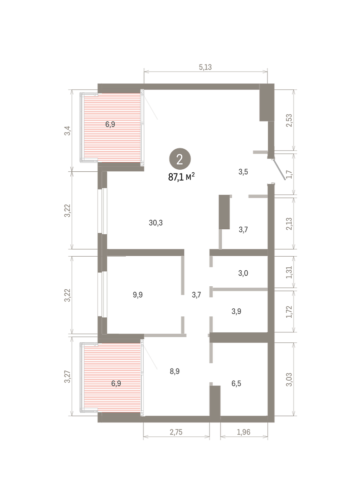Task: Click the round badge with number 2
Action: [x=180, y=159]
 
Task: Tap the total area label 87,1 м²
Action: [x=181, y=177]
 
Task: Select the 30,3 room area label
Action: [x=155, y=223]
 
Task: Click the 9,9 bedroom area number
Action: [x=137, y=295]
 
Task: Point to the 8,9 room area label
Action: [x=174, y=371]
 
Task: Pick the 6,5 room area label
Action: [x=236, y=383]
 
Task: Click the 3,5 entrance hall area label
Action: [x=243, y=172]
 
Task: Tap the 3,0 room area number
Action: [x=243, y=273]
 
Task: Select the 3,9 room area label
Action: [x=236, y=311]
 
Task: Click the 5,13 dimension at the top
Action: [x=205, y=67]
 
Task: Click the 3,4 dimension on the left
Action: [x=67, y=131]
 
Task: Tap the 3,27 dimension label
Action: [x=67, y=377]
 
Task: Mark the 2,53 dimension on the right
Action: [x=289, y=121]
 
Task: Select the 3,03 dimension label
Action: [x=289, y=379]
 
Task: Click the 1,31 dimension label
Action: [x=289, y=272]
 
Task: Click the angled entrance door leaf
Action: [x=279, y=169]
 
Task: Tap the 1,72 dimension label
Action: [x=289, y=312]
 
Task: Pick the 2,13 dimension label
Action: [x=289, y=224]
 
